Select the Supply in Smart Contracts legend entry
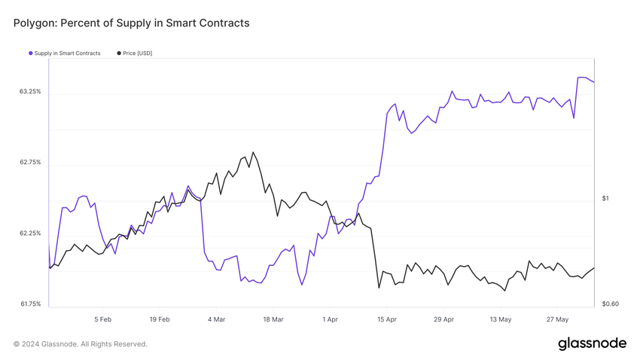pyautogui.click(x=67, y=53)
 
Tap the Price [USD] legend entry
pyautogui.click(x=137, y=53)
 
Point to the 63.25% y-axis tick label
pyautogui.click(x=30, y=92)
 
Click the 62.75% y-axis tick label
pyautogui.click(x=30, y=163)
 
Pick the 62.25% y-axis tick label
pyautogui.click(x=30, y=233)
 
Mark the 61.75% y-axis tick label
pyautogui.click(x=30, y=304)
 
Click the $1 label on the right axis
pyautogui.click(x=605, y=199)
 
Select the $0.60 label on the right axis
pyautogui.click(x=610, y=304)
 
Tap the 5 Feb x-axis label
pyautogui.click(x=103, y=319)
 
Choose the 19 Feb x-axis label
pyautogui.click(x=160, y=319)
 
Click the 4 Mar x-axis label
pyautogui.click(x=216, y=319)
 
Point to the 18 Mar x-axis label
pyautogui.click(x=273, y=319)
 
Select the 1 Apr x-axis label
pyautogui.click(x=330, y=319)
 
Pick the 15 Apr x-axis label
pyautogui.click(x=387, y=319)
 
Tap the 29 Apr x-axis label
pyautogui.click(x=443, y=319)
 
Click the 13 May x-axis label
pyautogui.click(x=501, y=319)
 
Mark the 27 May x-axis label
pyautogui.click(x=557, y=319)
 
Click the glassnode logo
pyautogui.click(x=592, y=344)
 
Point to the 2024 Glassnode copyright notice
pyautogui.click(x=81, y=344)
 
